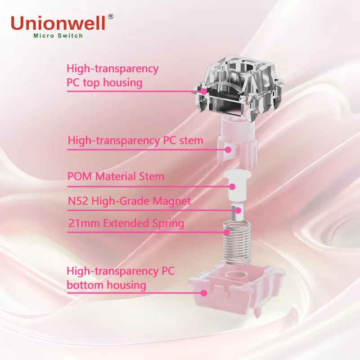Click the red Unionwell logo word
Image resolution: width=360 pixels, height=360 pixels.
[58, 23]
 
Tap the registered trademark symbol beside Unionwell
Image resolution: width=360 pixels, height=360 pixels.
[110, 17]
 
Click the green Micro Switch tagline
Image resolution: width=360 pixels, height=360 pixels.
[58, 36]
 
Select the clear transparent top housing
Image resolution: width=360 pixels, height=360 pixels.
[239, 87]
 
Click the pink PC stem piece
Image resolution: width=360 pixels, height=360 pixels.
[237, 142]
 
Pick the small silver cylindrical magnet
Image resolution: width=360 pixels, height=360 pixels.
[236, 213]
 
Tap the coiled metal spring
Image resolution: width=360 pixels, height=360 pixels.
[237, 242]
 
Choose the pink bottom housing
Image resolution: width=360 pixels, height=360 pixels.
[237, 290]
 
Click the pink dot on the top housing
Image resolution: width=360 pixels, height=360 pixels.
[203, 91]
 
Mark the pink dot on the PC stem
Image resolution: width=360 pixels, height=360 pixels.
[228, 150]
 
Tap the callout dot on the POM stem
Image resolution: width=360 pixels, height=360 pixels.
[232, 187]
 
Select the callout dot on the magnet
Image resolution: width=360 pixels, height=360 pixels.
[238, 210]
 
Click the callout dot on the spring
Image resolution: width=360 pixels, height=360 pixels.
[227, 232]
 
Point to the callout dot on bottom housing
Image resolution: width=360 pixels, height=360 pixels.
[203, 293]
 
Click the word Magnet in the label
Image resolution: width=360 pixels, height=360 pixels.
[172, 201]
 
